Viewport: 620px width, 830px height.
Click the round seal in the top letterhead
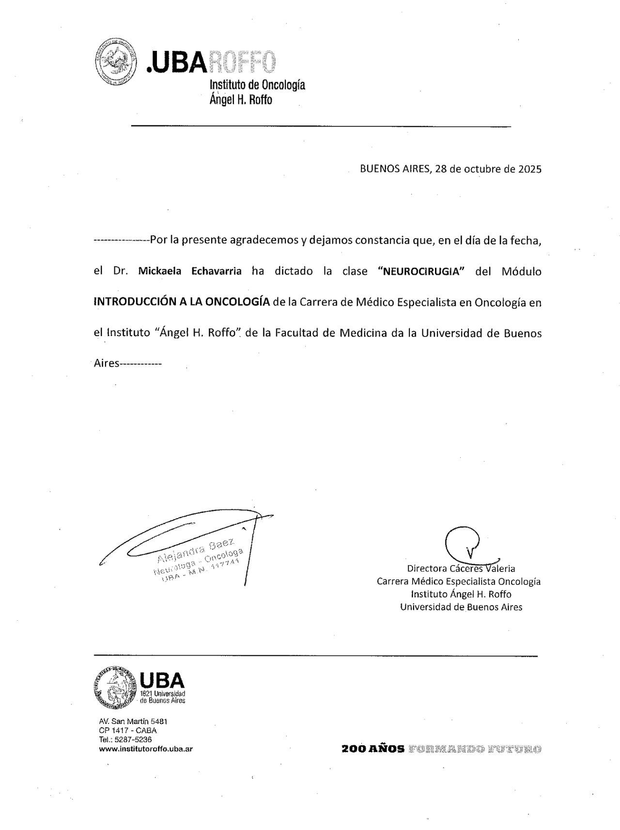[x=113, y=62]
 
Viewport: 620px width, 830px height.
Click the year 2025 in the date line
[x=529, y=169]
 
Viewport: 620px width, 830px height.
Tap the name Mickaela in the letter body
[x=160, y=271]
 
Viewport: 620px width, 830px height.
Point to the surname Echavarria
[x=217, y=271]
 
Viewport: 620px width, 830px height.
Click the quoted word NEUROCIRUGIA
[x=421, y=271]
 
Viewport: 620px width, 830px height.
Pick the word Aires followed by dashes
[x=106, y=363]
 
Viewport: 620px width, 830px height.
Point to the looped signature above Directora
[x=464, y=544]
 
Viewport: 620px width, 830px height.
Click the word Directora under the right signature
[x=427, y=569]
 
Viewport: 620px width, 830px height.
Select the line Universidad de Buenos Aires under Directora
[x=461, y=607]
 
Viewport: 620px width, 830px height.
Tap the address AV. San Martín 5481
[x=133, y=722]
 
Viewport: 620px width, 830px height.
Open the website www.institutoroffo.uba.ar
[x=146, y=749]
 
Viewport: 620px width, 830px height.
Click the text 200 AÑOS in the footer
[x=373, y=749]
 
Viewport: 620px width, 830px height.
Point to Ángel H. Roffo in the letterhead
[x=241, y=100]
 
